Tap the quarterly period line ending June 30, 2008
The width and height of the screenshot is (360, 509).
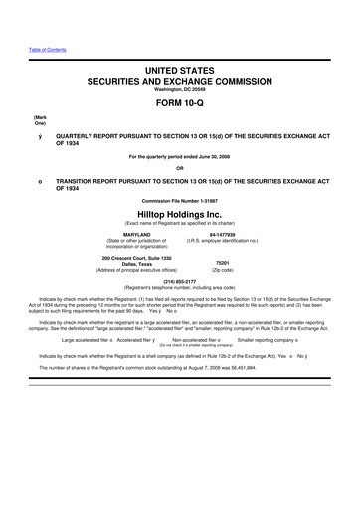[179, 157]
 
